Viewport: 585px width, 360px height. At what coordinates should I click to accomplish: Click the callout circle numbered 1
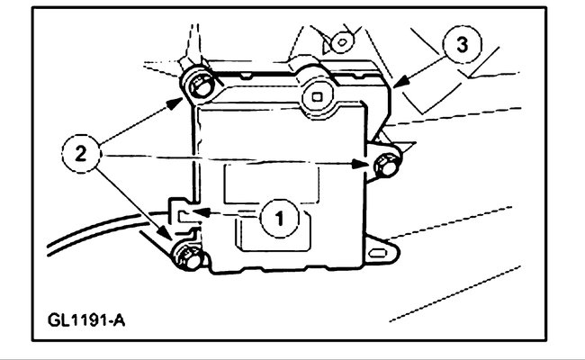(280, 217)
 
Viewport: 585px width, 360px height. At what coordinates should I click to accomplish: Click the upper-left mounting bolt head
(199, 86)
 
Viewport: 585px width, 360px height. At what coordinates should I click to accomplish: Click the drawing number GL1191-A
(87, 319)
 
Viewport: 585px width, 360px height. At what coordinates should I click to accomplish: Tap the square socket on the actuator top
(316, 93)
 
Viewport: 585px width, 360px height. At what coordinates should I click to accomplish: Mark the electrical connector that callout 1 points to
(182, 215)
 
